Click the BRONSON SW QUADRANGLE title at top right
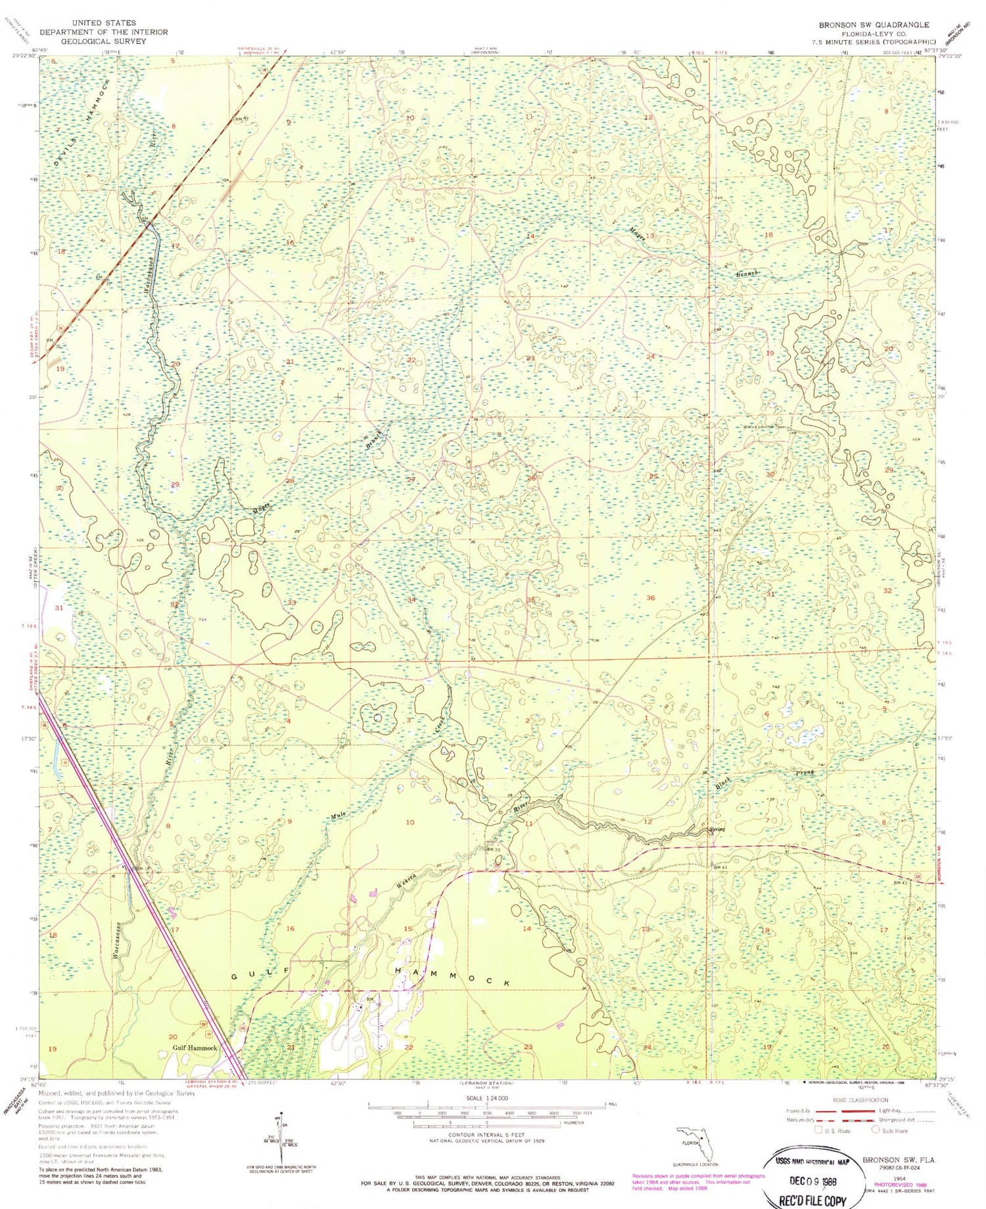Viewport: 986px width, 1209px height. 874,25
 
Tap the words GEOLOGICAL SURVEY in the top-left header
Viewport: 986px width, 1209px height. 103,41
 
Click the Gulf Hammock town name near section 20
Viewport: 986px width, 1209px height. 195,1047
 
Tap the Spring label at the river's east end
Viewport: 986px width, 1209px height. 716,829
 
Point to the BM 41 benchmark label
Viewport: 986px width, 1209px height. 720,868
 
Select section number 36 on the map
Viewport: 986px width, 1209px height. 650,597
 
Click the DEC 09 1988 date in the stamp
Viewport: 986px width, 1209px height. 811,1180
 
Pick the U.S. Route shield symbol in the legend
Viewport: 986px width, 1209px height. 818,1130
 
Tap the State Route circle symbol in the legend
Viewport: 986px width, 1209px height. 876,1130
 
